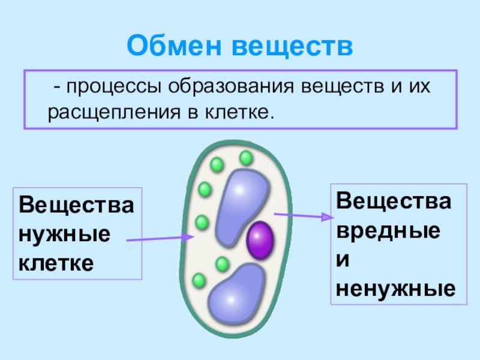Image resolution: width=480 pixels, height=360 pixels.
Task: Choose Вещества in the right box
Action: [x=394, y=199]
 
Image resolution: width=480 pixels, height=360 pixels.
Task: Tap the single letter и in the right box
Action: [x=344, y=259]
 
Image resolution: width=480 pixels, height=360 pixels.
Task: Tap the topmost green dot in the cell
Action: [x=245, y=158]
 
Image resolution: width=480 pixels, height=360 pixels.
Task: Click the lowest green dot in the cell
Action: [x=199, y=280]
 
